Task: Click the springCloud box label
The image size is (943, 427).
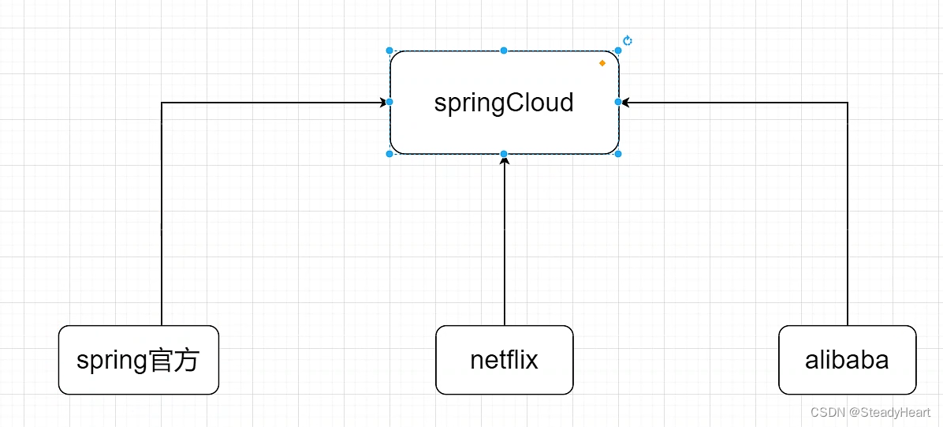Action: point(504,103)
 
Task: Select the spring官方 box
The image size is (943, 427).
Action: point(139,360)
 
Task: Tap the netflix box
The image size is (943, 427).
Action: point(504,360)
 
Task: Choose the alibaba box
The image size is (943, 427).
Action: point(847,360)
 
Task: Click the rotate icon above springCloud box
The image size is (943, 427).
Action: point(628,41)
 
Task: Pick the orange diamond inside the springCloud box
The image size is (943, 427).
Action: point(602,62)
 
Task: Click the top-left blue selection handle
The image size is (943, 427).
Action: point(389,51)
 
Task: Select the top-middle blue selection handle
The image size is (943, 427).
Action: point(504,51)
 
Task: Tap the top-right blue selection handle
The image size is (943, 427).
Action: point(618,51)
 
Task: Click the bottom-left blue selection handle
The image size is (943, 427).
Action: point(389,154)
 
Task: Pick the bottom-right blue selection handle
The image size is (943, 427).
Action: point(618,154)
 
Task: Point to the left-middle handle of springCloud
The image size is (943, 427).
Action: point(389,102)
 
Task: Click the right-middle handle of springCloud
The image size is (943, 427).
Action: point(618,102)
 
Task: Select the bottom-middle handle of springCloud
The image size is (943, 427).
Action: point(504,154)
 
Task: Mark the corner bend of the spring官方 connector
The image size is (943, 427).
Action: point(162,103)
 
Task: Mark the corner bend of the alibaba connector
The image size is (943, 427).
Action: point(848,103)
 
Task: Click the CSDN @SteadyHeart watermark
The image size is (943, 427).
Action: point(870,412)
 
